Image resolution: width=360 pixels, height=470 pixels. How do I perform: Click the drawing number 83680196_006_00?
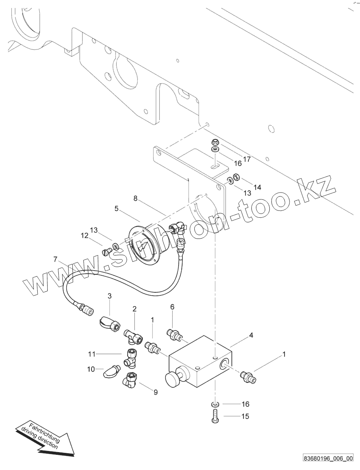(x=328, y=458)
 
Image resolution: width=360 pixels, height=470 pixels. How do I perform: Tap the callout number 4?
(x=251, y=335)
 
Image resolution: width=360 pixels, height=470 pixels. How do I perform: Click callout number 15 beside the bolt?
(x=245, y=416)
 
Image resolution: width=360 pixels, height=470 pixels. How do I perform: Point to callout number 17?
(x=247, y=159)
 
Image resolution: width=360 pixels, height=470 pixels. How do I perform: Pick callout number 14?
(x=258, y=187)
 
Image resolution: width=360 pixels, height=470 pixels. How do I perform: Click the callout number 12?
(x=84, y=236)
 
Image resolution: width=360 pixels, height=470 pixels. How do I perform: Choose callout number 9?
(x=155, y=392)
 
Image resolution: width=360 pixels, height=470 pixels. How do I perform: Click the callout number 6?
(x=172, y=306)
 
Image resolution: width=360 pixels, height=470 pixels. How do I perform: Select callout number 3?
(x=109, y=296)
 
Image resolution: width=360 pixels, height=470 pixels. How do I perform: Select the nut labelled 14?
(x=235, y=177)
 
